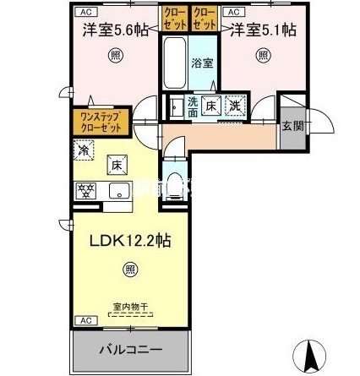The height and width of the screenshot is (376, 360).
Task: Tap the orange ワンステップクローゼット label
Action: click(99, 121)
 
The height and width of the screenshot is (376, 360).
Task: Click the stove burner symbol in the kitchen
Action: click(86, 189)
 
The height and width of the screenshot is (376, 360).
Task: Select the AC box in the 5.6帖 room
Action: click(85, 12)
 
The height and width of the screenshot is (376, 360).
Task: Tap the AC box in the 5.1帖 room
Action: click(234, 12)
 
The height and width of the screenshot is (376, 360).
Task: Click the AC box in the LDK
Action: click(85, 321)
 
